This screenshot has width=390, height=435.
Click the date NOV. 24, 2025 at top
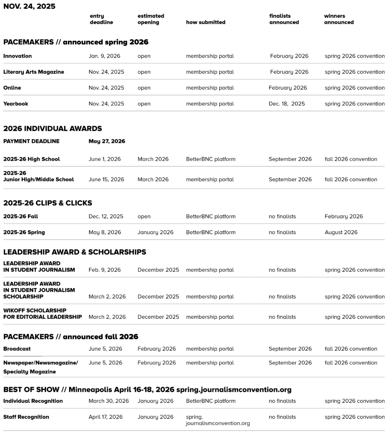tap(29, 6)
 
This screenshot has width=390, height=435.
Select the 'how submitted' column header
tap(206, 22)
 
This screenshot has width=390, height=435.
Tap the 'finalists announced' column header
tap(284, 19)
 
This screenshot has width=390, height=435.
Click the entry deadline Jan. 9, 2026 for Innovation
tap(105, 56)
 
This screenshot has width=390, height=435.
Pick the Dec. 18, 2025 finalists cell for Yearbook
tap(287, 104)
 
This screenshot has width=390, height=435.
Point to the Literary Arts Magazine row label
tap(34, 72)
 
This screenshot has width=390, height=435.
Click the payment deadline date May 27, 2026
tap(107, 141)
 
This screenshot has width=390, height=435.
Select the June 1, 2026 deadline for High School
tap(105, 159)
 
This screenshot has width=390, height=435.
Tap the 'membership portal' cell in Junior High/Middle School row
tap(210, 179)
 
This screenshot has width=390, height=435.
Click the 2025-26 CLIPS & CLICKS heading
tap(48, 203)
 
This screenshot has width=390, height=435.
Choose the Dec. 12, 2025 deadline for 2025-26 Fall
tap(106, 216)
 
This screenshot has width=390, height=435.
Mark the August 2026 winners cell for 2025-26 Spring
tap(341, 232)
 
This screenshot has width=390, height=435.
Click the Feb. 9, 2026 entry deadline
tap(105, 270)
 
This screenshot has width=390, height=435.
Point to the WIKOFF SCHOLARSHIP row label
tap(42, 314)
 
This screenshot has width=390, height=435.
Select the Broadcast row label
tap(17, 349)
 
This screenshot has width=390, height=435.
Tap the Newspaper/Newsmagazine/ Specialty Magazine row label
tap(40, 367)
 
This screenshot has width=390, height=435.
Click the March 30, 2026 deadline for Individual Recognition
tap(109, 401)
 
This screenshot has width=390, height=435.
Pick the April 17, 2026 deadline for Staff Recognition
tap(106, 417)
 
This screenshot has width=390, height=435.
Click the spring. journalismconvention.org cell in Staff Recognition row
tap(218, 420)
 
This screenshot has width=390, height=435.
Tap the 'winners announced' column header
tap(339, 19)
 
